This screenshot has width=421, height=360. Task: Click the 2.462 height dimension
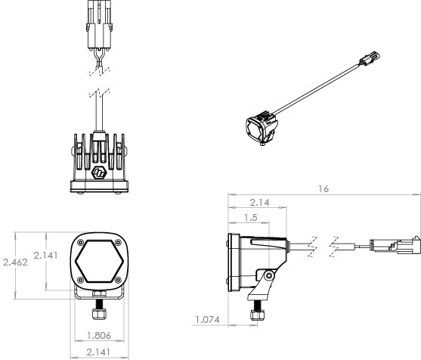point(16,262)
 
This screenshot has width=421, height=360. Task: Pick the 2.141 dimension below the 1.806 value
point(96,352)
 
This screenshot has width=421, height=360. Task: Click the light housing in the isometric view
point(261,126)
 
